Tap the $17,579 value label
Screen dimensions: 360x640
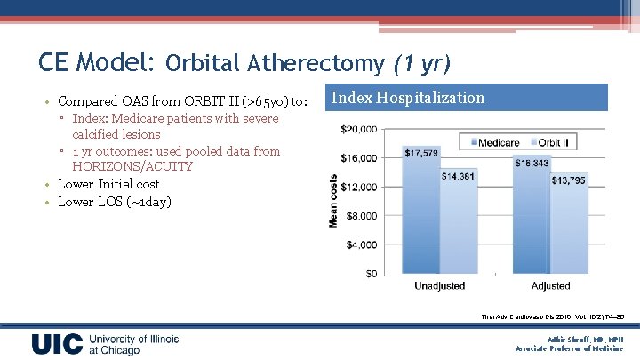pos(420,153)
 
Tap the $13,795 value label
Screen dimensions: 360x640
pos(568,180)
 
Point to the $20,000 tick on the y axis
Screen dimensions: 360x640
pos(357,129)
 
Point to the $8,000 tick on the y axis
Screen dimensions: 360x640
pos(360,215)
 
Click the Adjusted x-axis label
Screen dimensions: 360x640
pos(551,286)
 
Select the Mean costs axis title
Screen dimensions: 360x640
pos(335,200)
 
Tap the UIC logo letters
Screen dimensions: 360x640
pos(58,344)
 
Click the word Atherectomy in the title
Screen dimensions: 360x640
pos(316,63)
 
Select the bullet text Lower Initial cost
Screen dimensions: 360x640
pos(108,184)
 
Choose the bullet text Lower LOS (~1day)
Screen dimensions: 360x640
pos(115,201)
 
